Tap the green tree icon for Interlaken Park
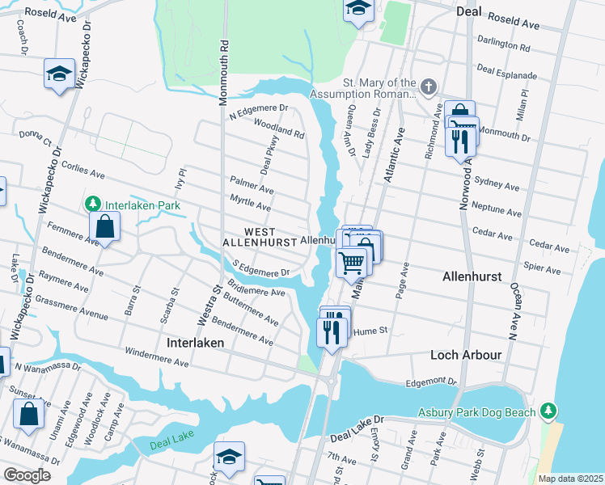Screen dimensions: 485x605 click(94, 203)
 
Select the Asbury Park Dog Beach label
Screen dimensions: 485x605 click(476, 412)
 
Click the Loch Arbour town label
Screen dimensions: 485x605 click(467, 355)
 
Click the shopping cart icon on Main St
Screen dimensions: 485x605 click(352, 262)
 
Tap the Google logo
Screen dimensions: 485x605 click(27, 475)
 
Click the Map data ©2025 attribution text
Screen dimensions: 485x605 click(569, 479)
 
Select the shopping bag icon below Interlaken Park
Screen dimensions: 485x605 click(105, 226)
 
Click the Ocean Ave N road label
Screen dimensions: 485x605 click(513, 311)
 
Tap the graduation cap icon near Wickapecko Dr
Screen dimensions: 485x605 click(59, 74)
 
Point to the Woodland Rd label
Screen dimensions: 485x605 click(278, 128)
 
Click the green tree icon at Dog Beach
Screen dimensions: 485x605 click(548, 411)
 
